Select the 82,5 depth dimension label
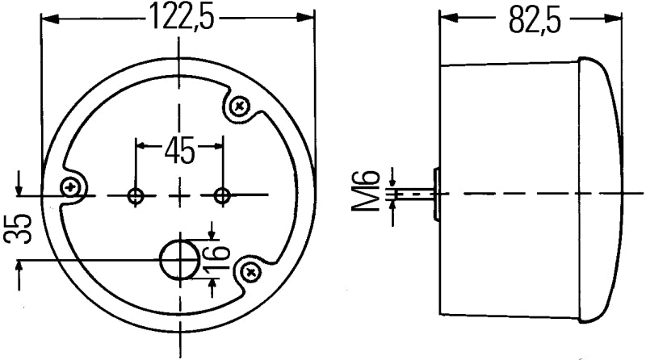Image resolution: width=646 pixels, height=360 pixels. tap(535, 19)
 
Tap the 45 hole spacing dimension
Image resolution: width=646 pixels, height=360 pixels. tap(179, 149)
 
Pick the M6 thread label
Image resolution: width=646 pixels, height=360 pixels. tap(368, 192)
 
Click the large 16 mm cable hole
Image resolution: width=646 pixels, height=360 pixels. tap(179, 259)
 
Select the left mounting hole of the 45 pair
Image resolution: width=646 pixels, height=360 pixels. tap(136, 195)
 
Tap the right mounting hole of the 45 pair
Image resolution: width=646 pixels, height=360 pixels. tap(221, 195)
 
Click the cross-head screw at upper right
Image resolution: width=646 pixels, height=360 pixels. tap(241, 106)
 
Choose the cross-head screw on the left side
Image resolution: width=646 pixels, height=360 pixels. tap(74, 187)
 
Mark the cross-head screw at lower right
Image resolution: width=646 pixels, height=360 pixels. tap(252, 271)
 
